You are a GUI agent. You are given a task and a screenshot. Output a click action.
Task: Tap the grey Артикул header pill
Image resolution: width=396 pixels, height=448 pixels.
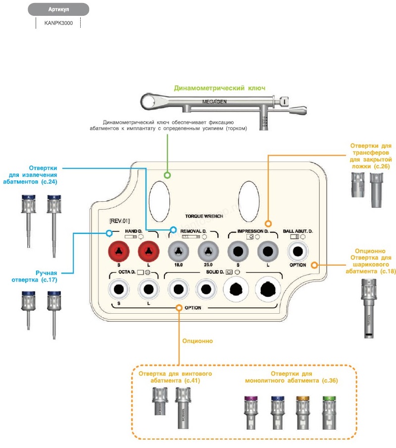pos(58,9)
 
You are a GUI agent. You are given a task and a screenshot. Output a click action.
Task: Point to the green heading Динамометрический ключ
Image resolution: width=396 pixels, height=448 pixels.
pos(219,88)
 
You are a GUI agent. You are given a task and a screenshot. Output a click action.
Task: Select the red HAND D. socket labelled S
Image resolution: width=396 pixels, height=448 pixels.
pos(119,252)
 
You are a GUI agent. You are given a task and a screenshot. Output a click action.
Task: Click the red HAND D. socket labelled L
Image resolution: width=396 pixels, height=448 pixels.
pos(148,252)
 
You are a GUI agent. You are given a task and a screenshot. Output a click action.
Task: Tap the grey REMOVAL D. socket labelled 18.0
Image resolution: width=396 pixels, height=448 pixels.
pos(179,252)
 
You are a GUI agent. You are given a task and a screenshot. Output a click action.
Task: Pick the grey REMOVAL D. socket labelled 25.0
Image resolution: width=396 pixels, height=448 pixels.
pos(208,252)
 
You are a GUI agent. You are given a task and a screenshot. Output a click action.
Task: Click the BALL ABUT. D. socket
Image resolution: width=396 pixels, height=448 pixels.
pos(298,251)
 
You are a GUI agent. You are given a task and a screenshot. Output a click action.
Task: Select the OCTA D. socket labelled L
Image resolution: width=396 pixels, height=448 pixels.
pos(148,289)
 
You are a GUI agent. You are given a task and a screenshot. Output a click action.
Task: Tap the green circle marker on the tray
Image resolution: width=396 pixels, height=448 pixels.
pos(167,175)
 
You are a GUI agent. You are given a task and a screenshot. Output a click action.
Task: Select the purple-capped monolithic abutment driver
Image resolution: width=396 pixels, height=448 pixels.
pos(250,412)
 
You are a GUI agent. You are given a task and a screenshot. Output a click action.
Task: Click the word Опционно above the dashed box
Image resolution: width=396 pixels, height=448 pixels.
pos(197,341)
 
